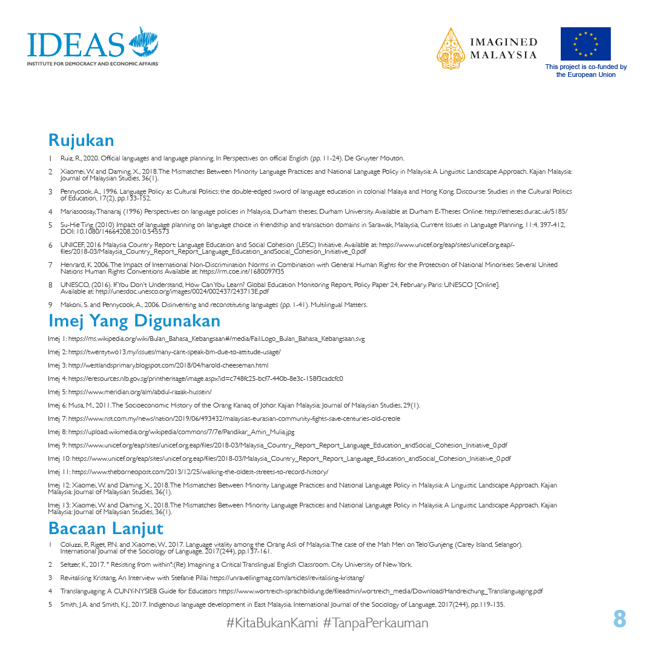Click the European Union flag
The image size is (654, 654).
pyautogui.click(x=585, y=44)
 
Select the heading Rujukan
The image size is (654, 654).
pyautogui.click(x=81, y=140)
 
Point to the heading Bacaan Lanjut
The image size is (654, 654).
pyautogui.click(x=106, y=528)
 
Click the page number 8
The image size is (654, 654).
pyautogui.click(x=619, y=619)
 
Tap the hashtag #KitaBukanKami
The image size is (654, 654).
pyautogui.click(x=272, y=623)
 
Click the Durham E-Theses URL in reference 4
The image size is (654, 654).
pyautogui.click(x=526, y=211)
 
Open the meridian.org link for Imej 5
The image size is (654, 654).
pyautogui.click(x=140, y=392)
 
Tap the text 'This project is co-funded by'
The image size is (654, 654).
pyautogui.click(x=586, y=67)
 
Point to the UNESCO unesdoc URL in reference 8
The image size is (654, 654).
pyautogui.click(x=182, y=291)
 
